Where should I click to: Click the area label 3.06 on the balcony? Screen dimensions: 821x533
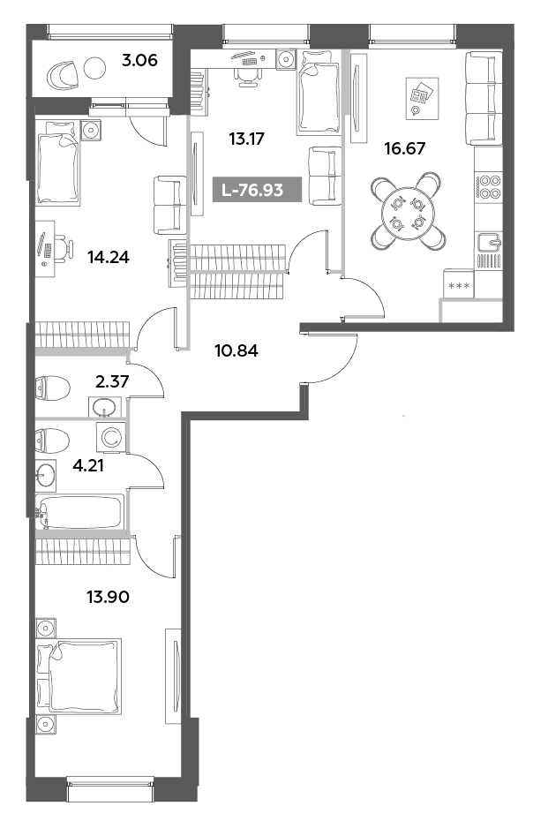pos(139,61)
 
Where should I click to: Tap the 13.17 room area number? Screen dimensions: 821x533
pos(247,138)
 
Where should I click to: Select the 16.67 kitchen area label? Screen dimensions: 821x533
pos(405,148)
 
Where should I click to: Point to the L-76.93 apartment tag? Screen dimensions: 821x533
pos(259,189)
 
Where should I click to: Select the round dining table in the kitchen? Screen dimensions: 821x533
pos(406,213)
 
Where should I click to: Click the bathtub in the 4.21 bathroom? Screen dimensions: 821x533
pos(79,512)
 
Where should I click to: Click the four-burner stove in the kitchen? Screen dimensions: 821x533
pos(488,188)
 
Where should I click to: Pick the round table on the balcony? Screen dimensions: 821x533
pos(96,70)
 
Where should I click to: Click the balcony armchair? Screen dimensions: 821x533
pos(62,73)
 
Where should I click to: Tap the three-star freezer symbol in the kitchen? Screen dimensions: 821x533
pos(459,284)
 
